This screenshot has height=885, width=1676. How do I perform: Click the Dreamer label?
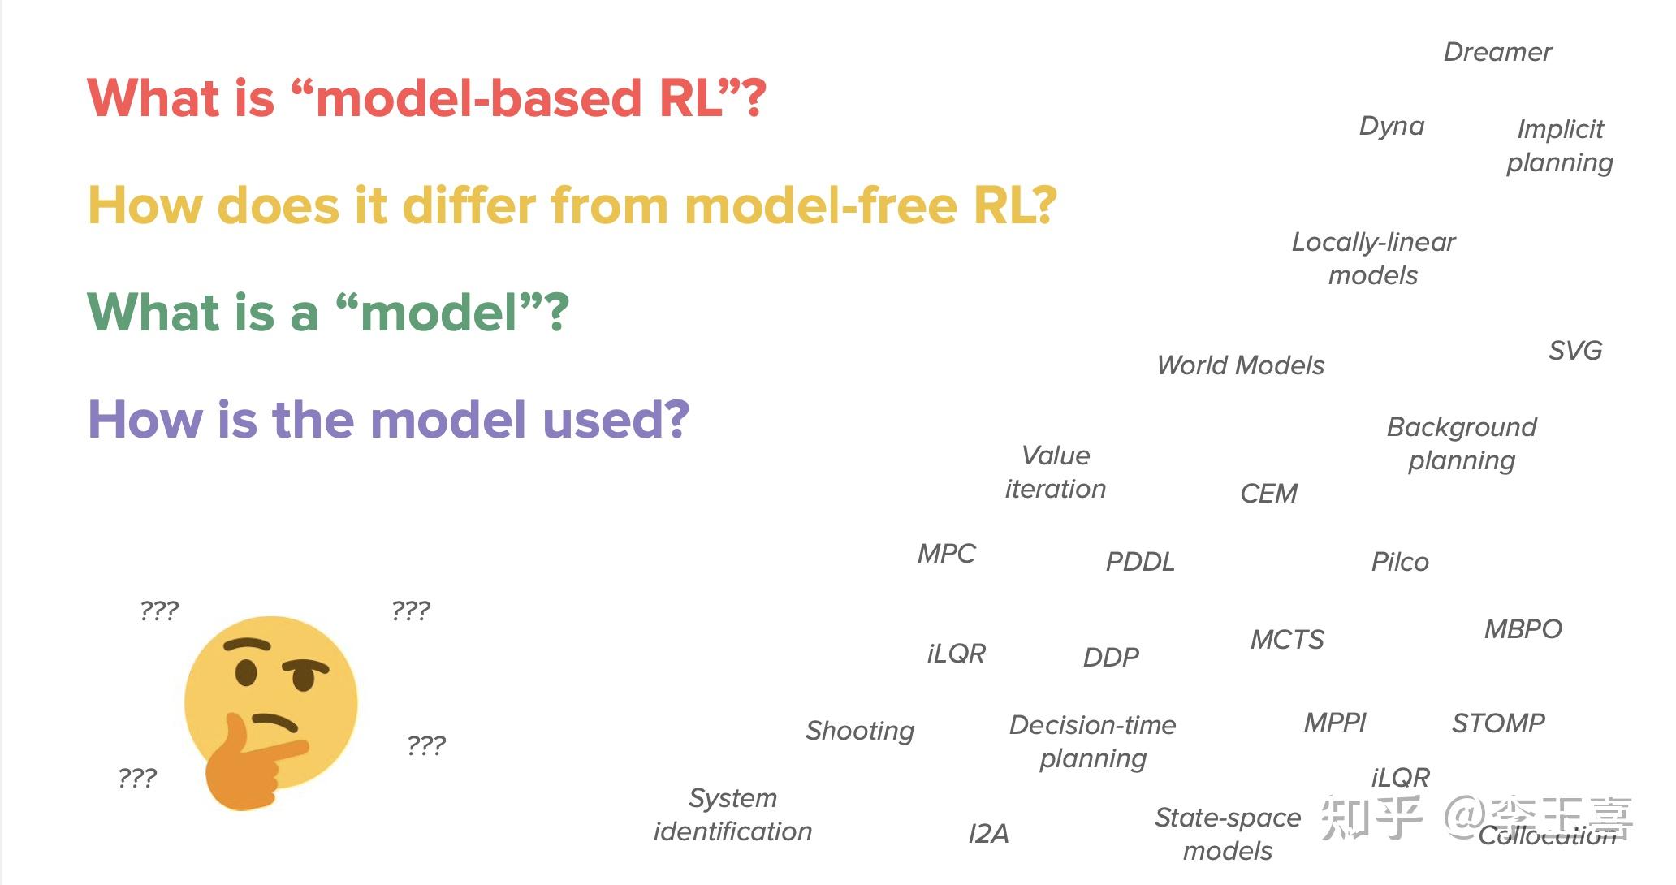click(x=1497, y=53)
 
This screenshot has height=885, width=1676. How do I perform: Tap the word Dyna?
click(x=1392, y=127)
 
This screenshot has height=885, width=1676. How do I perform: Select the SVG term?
click(x=1574, y=351)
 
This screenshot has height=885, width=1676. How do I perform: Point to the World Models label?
click(x=1240, y=366)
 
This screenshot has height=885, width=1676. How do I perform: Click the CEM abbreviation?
click(x=1268, y=494)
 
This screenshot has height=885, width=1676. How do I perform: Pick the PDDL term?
click(x=1139, y=562)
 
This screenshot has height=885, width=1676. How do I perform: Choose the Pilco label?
click(x=1399, y=562)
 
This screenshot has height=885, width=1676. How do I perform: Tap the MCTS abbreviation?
click(x=1287, y=640)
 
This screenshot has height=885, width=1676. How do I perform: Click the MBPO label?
click(x=1523, y=629)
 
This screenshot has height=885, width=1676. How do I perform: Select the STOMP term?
click(x=1498, y=723)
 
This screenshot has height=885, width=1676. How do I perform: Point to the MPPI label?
click(x=1335, y=723)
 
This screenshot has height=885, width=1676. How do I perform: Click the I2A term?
click(x=988, y=834)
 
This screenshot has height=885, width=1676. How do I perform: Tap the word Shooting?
click(x=859, y=731)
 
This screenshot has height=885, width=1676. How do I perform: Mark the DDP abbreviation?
click(x=1111, y=658)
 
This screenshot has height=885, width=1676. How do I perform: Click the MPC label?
click(x=946, y=554)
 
